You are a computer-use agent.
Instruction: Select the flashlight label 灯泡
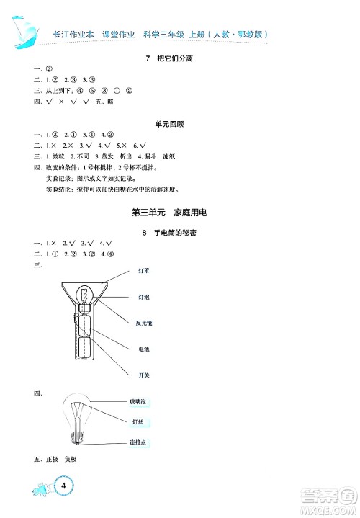point(143,296)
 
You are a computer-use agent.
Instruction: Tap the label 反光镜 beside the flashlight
point(143,322)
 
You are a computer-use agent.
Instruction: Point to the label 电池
point(143,349)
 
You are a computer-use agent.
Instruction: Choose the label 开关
point(143,375)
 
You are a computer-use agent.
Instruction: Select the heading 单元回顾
point(169,123)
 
